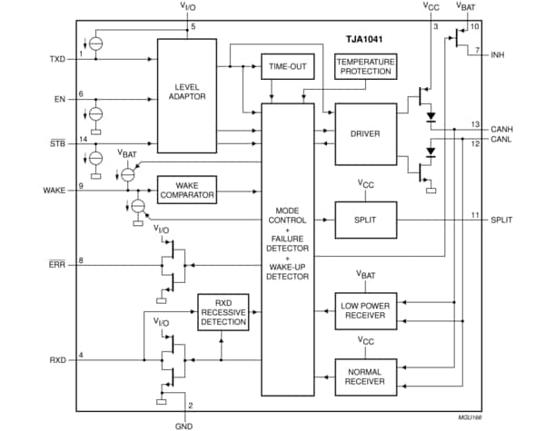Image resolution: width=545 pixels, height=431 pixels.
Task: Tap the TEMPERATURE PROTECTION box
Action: [x=363, y=65]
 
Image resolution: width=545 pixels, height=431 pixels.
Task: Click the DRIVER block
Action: [x=364, y=134]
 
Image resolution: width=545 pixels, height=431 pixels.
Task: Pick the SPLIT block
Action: [x=365, y=220]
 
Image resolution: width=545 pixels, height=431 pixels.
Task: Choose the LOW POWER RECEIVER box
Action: [x=365, y=311]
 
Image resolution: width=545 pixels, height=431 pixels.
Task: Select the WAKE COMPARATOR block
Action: [x=188, y=189]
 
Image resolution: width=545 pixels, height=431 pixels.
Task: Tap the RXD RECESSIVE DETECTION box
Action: [x=223, y=312]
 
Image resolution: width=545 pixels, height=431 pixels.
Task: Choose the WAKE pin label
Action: [x=54, y=190]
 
